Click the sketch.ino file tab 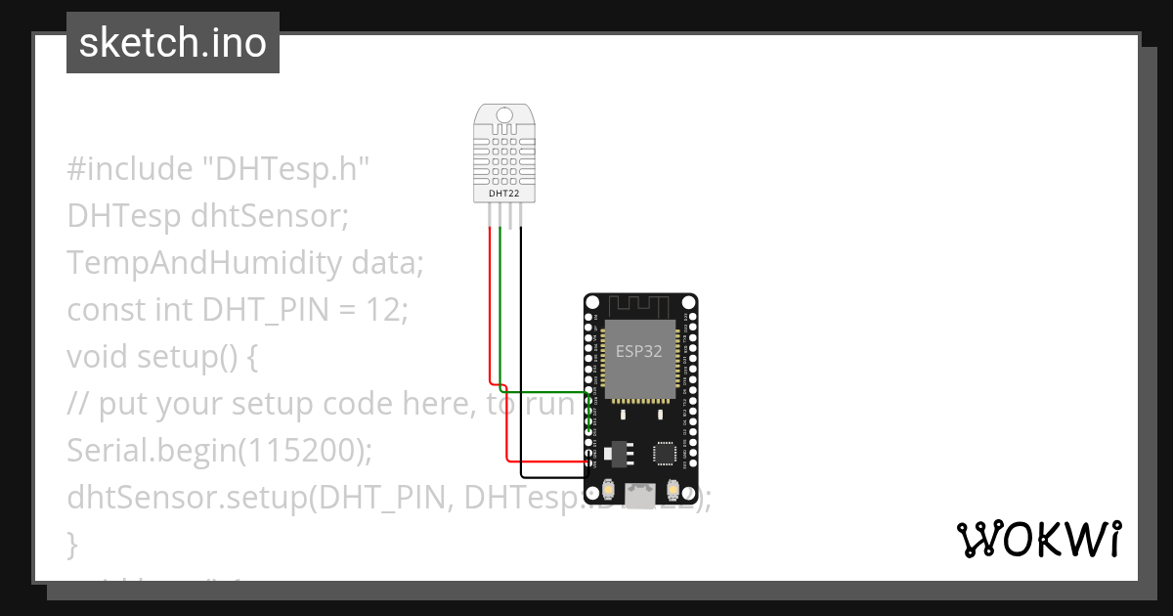click(172, 43)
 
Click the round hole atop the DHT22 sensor click(503, 115)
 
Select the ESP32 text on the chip click(639, 351)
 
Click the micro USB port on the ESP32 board click(640, 497)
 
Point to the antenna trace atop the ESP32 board click(640, 304)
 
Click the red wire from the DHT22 click(489, 303)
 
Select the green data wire click(500, 303)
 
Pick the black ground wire click(521, 342)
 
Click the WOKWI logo click(1038, 539)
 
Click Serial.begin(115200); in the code click(220, 451)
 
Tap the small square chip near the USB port click(665, 453)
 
